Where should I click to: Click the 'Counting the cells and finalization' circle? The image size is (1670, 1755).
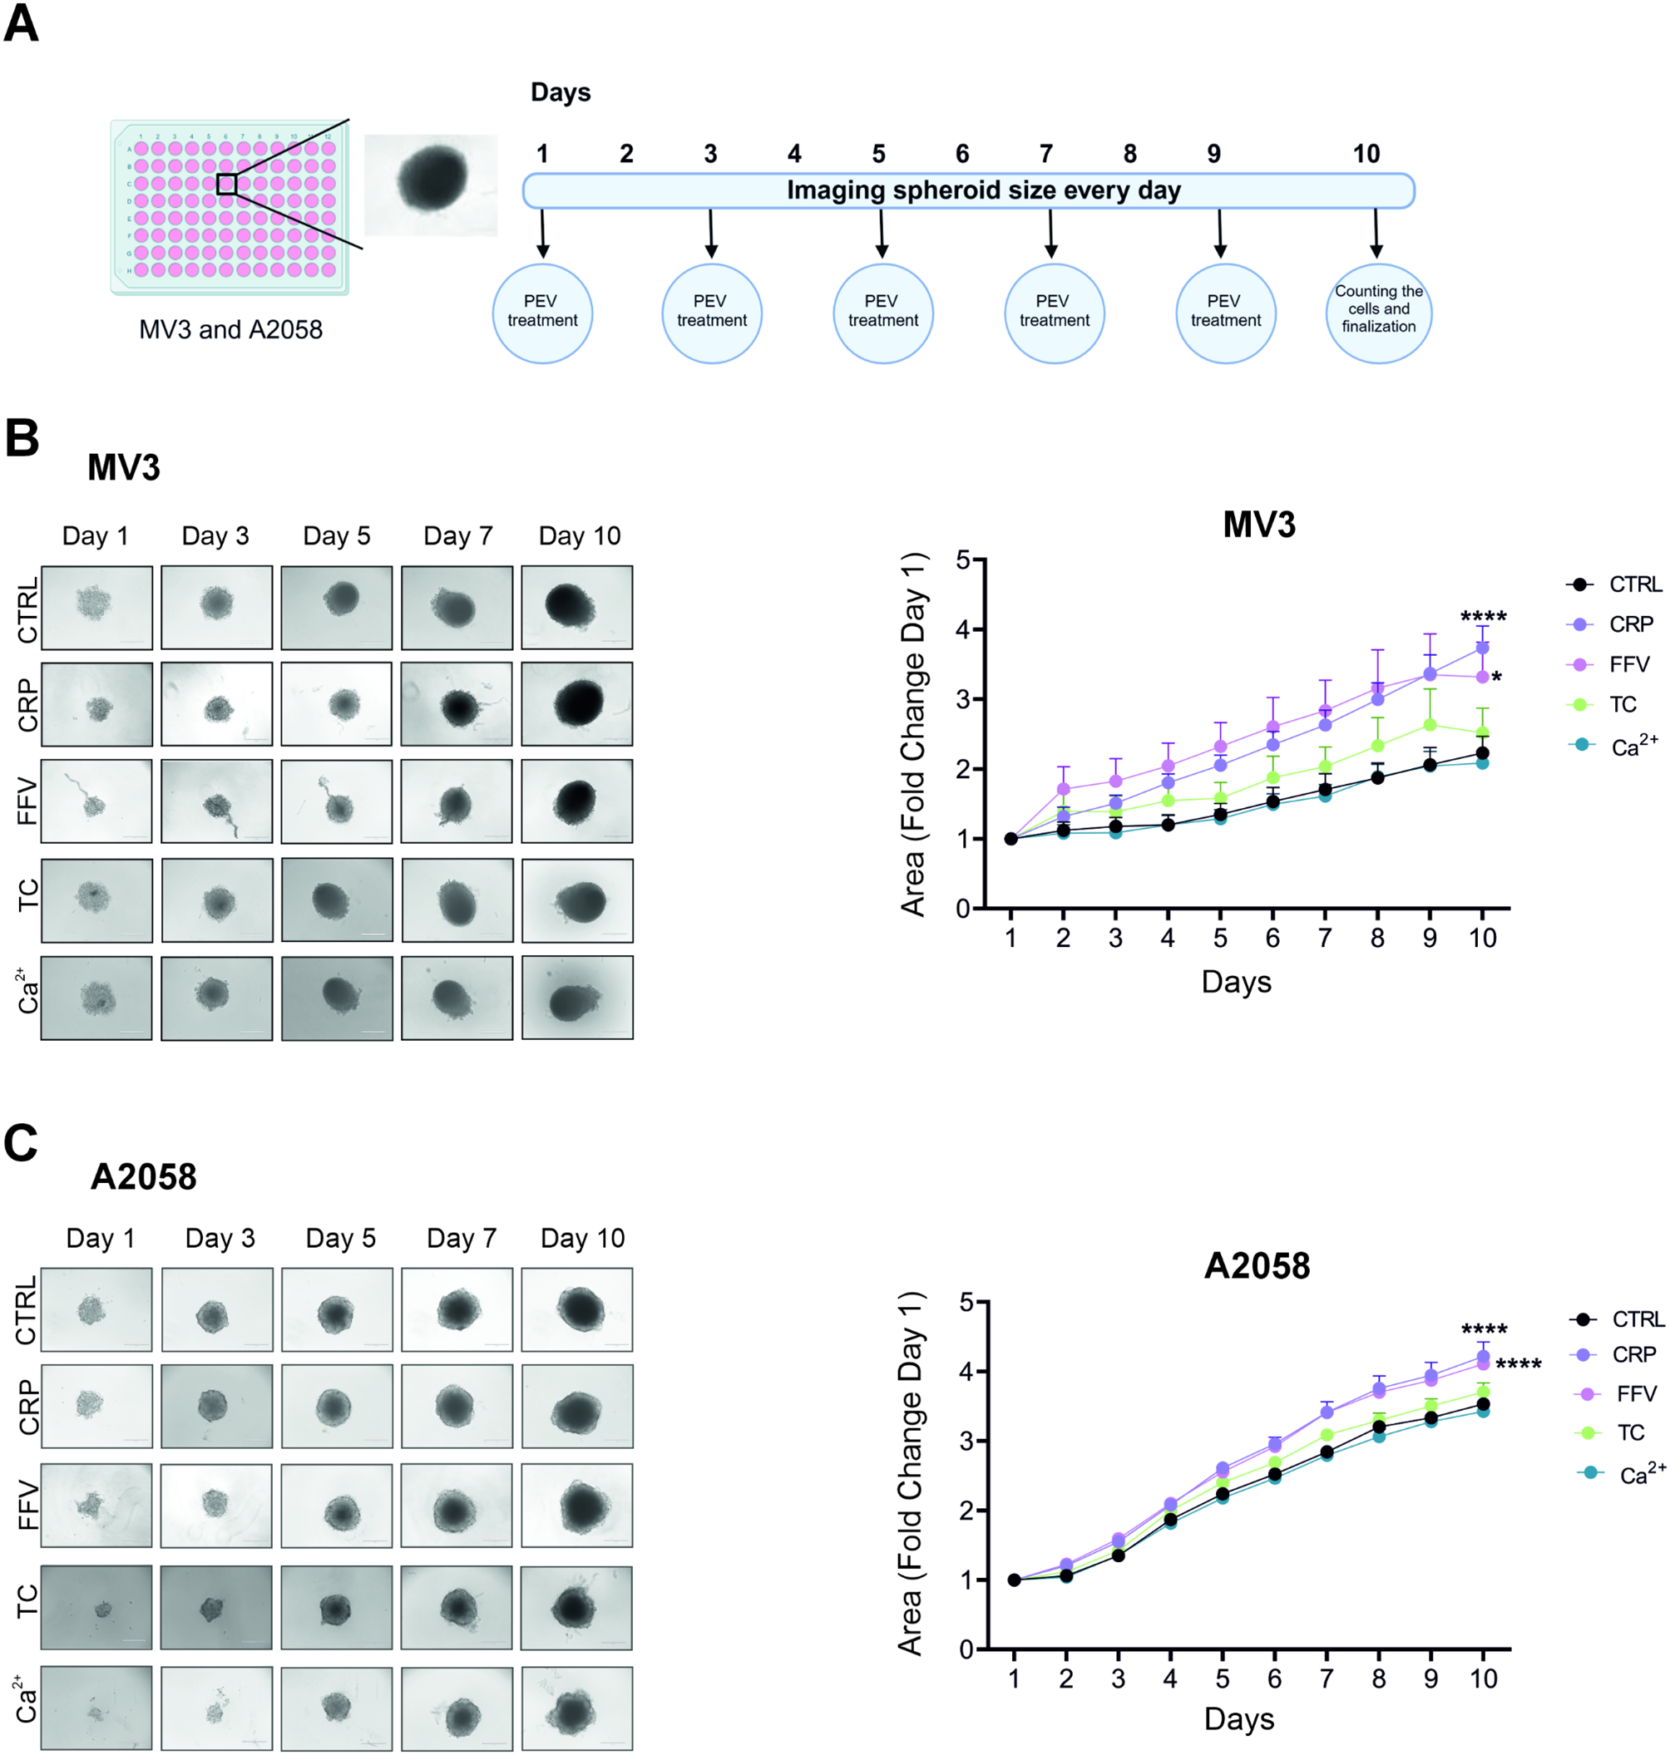point(1378,313)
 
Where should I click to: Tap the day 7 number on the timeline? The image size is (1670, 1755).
point(1046,154)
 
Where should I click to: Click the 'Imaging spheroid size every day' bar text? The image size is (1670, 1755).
point(983,190)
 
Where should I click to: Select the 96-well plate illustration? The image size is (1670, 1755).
point(230,207)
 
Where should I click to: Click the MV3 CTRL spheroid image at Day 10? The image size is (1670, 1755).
point(577,607)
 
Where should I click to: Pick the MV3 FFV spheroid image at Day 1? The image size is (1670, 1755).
point(96,801)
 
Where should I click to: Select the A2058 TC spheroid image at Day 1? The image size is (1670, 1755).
point(96,1607)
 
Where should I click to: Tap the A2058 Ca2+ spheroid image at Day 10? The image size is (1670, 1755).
point(577,1708)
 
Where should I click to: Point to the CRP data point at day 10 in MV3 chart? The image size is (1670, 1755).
point(1482,648)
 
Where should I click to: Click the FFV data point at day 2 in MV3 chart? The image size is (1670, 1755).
point(1063,788)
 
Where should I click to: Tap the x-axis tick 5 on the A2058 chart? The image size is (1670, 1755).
point(1223,1679)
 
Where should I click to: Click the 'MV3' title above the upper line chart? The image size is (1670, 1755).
point(1258,525)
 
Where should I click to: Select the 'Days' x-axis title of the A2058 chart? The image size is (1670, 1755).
point(1239,1719)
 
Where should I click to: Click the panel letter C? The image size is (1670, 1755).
point(21,1143)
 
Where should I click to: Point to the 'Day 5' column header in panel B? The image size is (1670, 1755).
point(337,535)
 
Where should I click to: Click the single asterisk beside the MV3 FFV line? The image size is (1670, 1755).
point(1497,678)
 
